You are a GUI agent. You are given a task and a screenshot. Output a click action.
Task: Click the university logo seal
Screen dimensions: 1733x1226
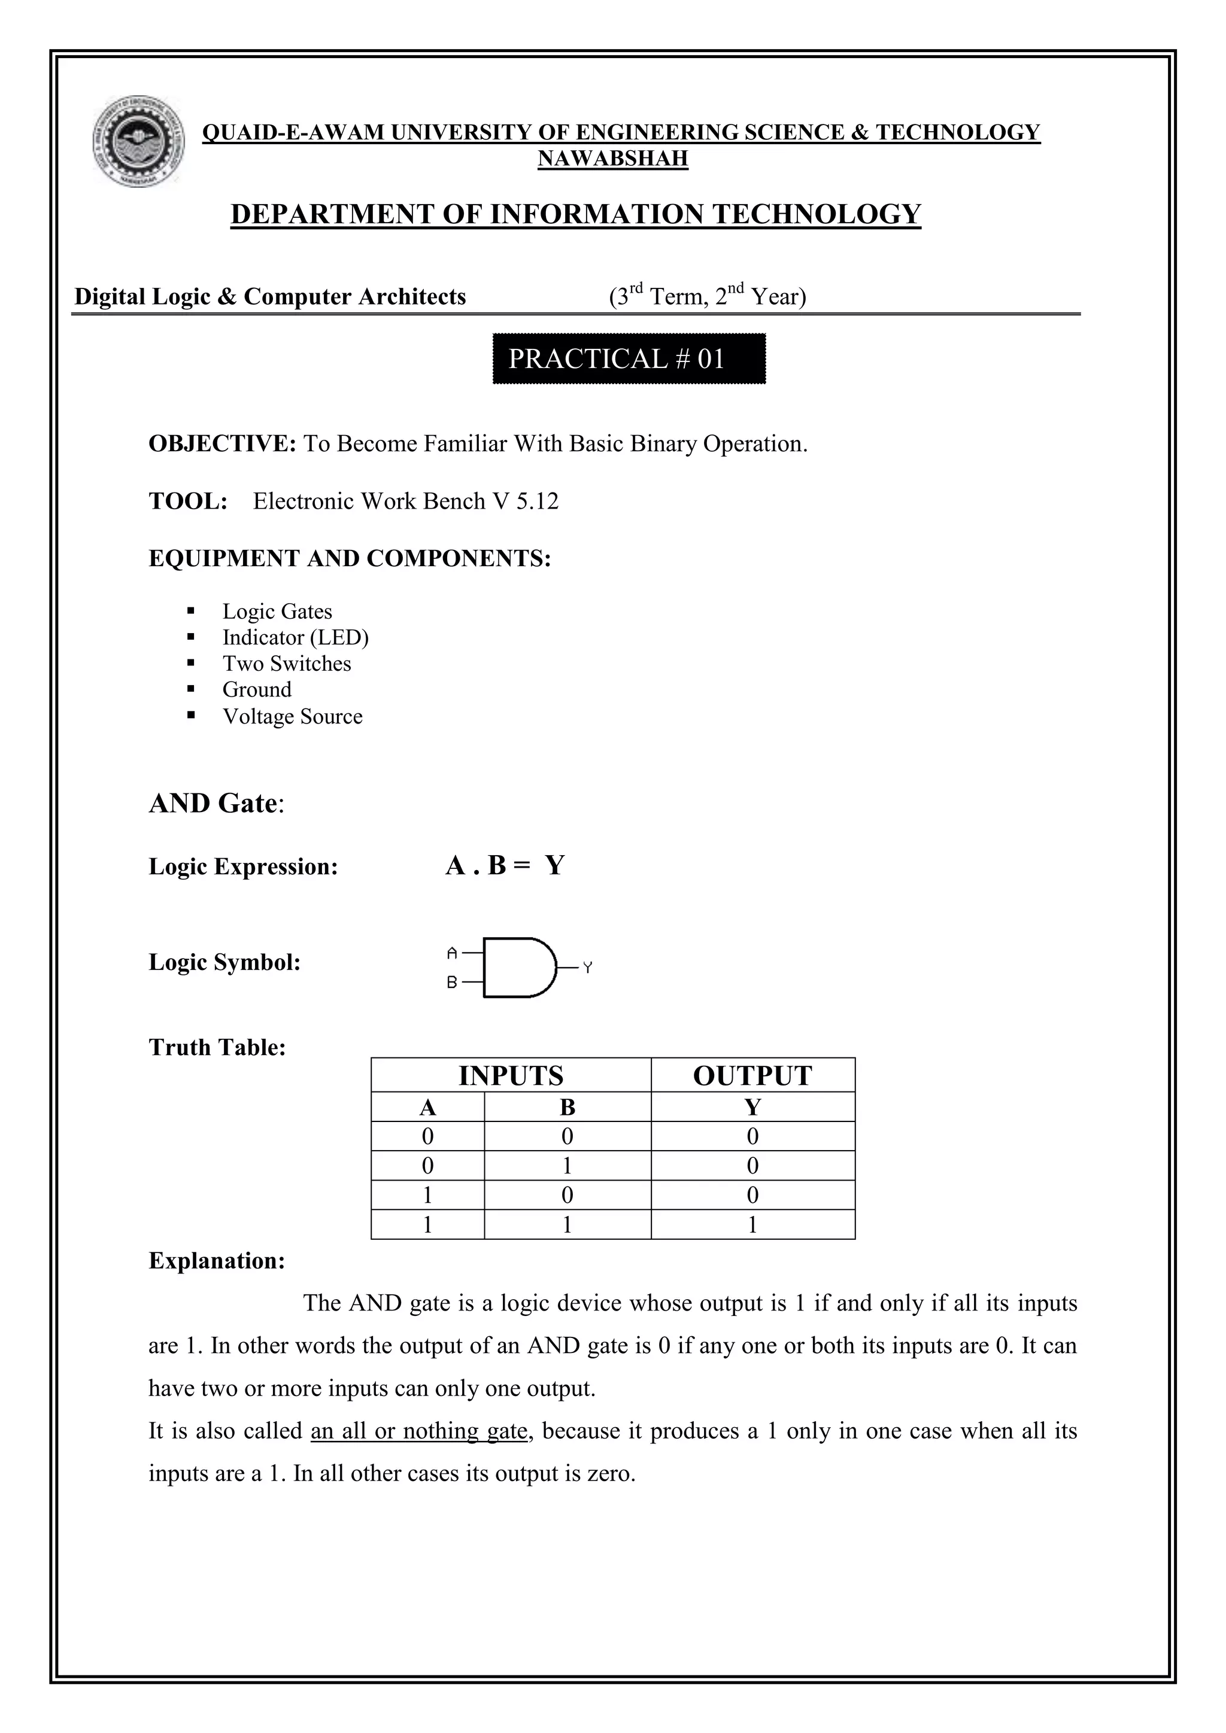pos(139,141)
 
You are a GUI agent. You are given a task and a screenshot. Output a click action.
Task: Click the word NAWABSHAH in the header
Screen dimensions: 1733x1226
pos(612,159)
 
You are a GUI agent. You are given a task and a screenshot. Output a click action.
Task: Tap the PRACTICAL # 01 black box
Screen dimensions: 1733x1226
pos(629,358)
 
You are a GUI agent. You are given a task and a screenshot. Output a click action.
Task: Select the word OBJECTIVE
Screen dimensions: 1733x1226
pos(221,444)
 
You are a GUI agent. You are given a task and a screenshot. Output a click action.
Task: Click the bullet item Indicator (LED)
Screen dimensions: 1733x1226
pos(295,638)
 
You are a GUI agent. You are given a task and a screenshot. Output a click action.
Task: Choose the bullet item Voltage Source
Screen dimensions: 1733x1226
pos(292,716)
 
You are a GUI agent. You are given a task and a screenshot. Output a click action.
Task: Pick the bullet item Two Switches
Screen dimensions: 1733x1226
pos(287,664)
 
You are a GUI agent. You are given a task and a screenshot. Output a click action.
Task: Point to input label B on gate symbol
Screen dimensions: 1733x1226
pos(452,983)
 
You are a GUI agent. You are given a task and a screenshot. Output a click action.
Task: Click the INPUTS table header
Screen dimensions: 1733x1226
pos(511,1075)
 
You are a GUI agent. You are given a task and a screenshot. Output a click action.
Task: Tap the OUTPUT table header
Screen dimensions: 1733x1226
pos(752,1075)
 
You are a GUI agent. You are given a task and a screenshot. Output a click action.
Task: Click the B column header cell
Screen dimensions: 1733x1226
pos(568,1107)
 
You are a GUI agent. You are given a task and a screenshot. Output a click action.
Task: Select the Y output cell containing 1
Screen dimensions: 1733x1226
pos(752,1225)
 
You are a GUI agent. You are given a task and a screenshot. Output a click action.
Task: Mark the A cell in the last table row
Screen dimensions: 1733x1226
pos(427,1225)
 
